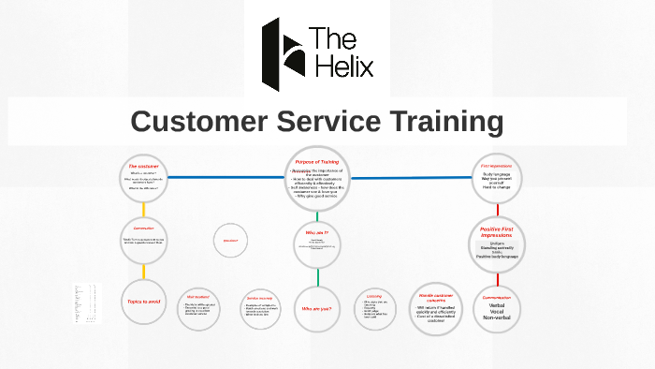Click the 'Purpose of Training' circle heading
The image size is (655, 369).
(316, 162)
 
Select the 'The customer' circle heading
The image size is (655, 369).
(145, 166)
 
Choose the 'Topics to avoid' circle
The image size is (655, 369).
(143, 302)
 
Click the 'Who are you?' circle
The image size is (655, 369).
(317, 308)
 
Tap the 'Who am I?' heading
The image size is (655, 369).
(317, 230)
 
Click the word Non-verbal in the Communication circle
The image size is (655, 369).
(496, 318)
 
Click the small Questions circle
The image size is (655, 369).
(230, 243)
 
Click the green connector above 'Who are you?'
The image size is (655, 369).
(317, 277)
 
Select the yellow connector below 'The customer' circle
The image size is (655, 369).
(144, 209)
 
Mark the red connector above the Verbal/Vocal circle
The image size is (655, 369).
(496, 278)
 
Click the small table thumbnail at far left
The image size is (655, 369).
(84, 304)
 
